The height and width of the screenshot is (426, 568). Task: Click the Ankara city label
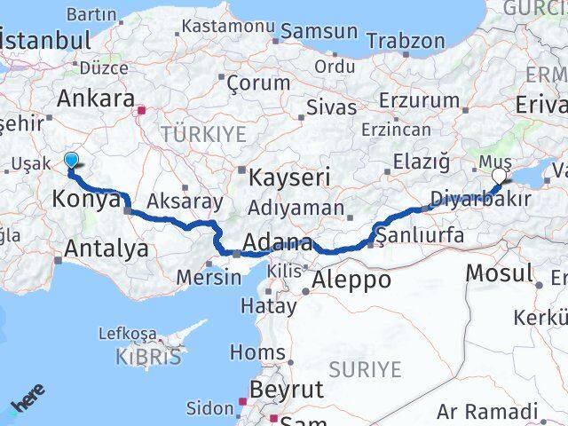(x=98, y=98)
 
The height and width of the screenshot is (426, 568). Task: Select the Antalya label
(x=105, y=248)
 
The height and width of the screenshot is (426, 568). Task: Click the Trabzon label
(x=406, y=41)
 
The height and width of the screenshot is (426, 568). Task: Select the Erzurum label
(x=419, y=100)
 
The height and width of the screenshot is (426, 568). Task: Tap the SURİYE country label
(x=365, y=368)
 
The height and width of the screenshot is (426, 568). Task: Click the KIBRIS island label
(x=147, y=357)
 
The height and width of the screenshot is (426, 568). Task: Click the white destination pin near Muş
(x=499, y=176)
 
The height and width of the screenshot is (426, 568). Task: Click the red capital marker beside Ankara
(x=141, y=111)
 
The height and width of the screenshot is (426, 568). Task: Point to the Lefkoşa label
(x=128, y=334)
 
